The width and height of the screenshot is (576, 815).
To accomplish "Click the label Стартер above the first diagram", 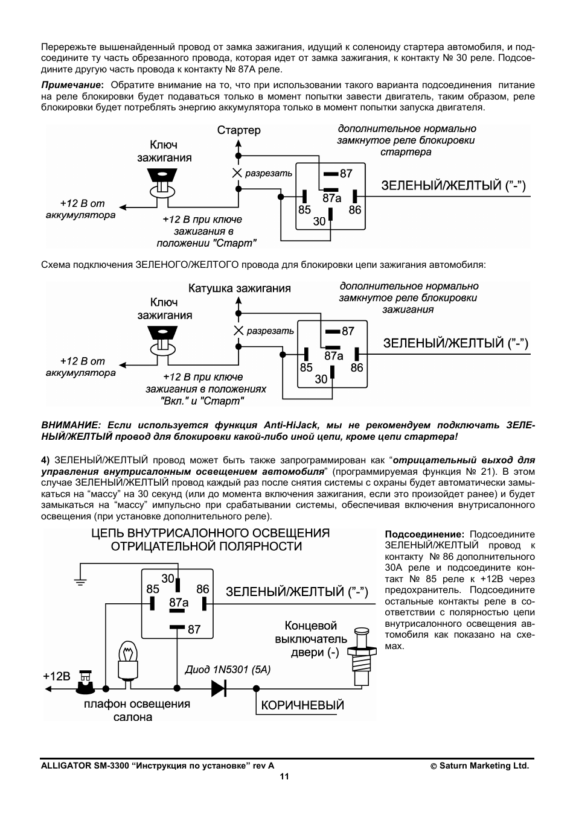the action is [x=239, y=130].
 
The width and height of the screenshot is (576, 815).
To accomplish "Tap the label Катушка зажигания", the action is [x=240, y=288].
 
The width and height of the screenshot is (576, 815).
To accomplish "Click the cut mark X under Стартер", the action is [x=237, y=173].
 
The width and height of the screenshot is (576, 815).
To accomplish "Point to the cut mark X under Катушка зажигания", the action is [x=238, y=331].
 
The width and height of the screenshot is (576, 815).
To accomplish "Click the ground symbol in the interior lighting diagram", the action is [x=80, y=582].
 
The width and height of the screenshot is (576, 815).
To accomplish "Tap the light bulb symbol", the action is [x=128, y=664].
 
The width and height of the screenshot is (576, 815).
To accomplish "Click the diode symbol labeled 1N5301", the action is [x=219, y=688].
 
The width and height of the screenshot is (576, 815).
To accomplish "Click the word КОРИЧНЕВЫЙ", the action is [x=302, y=705].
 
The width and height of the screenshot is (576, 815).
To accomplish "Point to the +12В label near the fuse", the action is [x=56, y=676].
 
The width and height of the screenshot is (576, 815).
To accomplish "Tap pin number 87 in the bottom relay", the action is [x=194, y=629].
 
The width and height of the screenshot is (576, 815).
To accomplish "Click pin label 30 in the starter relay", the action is [x=319, y=221].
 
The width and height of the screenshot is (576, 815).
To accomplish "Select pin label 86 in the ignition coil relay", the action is [x=357, y=367].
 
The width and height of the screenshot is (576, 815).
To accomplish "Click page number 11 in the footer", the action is [x=284, y=776].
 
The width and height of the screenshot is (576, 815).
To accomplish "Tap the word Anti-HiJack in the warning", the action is [x=291, y=425].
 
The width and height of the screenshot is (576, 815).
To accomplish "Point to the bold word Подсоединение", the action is [x=424, y=534].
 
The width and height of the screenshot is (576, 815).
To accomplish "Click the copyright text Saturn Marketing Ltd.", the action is [x=484, y=766].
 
